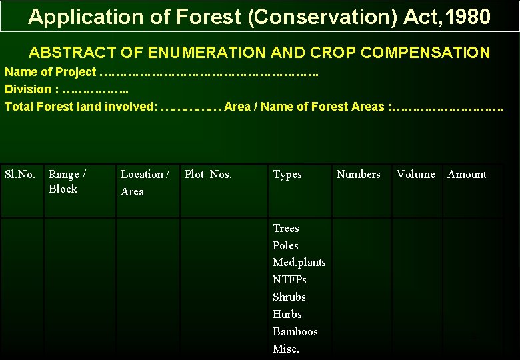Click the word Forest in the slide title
(209, 17)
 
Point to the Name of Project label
(51, 72)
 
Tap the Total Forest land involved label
(81, 107)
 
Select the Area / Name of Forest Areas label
(304, 107)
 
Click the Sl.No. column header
(20, 175)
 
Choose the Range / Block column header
(67, 181)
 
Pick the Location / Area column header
(145, 183)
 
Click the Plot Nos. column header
(208, 175)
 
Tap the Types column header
(287, 175)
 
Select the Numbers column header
(358, 175)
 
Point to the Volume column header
(415, 175)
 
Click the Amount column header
(467, 175)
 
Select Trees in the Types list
(286, 229)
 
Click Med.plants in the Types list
(299, 263)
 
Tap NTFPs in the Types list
(289, 280)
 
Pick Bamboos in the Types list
(295, 332)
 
